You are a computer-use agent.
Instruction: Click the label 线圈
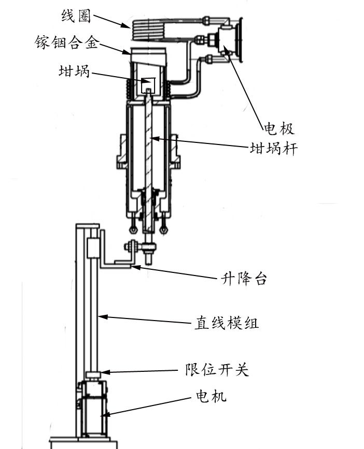pyautogui.click(x=76, y=16)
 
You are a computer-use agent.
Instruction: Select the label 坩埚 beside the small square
pyautogui.click(x=74, y=72)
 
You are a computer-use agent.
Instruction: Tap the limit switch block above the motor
pyautogui.click(x=93, y=375)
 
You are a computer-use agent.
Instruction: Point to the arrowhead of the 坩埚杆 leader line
pyautogui.click(x=152, y=139)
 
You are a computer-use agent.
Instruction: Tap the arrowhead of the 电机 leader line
pyautogui.click(x=105, y=414)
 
